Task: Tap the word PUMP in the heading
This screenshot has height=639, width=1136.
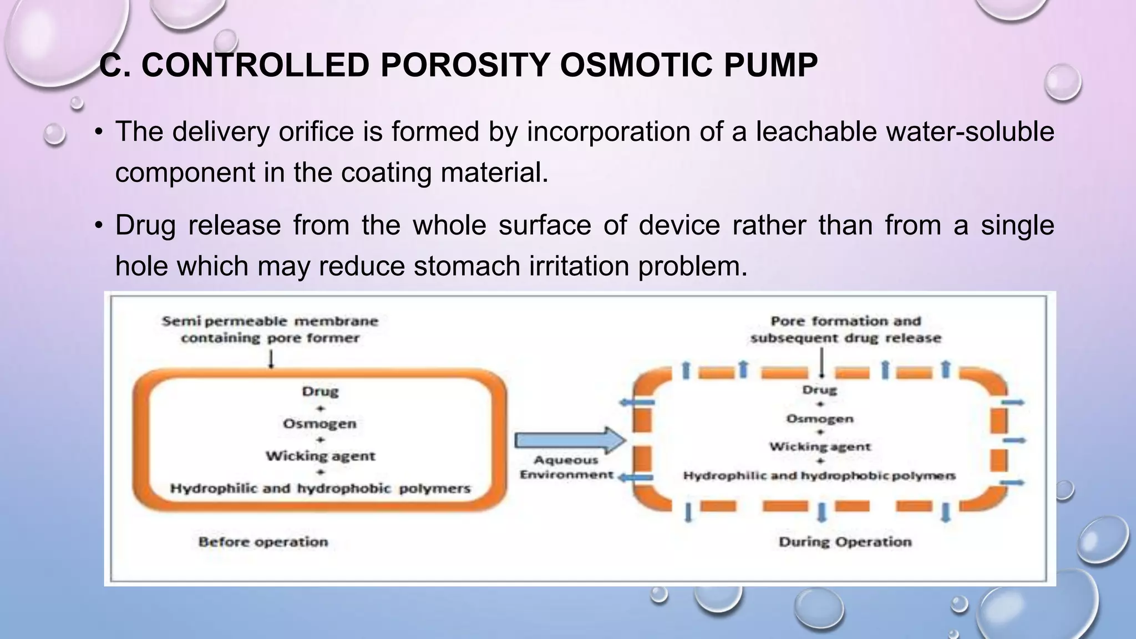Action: (x=770, y=65)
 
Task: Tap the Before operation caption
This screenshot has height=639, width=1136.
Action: (x=263, y=542)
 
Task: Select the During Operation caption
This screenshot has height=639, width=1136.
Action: (x=845, y=542)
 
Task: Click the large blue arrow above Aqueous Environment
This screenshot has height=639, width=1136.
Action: (x=569, y=440)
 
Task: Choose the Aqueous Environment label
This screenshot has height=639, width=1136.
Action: (x=566, y=468)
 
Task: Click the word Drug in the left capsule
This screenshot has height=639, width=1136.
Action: (x=320, y=392)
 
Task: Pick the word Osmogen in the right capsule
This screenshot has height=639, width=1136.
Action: (x=819, y=419)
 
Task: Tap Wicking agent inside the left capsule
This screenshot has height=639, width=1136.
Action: (x=320, y=456)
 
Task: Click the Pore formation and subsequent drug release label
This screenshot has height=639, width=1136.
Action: (x=845, y=329)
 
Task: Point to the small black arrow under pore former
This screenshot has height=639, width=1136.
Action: (x=271, y=360)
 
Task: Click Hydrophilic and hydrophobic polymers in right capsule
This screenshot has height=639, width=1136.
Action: (x=819, y=476)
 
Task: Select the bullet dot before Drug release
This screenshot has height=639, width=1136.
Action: (x=99, y=226)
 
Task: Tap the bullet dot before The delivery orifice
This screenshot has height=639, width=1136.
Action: (x=99, y=132)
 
